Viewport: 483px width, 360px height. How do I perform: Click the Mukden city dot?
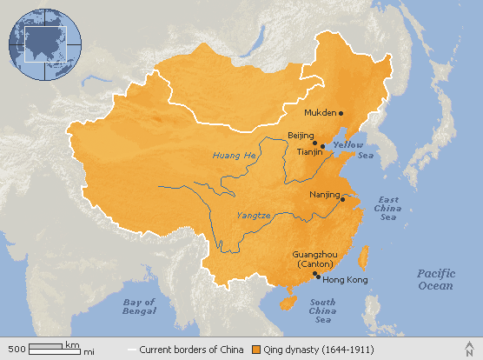[341, 113]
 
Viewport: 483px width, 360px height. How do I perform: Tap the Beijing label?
[300, 137]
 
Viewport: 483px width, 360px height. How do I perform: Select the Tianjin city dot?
[322, 146]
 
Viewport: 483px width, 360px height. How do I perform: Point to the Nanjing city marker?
[342, 200]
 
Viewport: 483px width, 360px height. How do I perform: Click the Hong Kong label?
[346, 280]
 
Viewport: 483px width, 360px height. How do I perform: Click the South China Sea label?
[323, 310]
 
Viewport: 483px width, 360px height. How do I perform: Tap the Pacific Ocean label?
[434, 279]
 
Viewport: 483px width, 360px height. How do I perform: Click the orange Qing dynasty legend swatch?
[256, 350]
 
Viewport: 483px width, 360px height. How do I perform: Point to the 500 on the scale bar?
[16, 349]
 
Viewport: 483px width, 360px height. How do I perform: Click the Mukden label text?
[321, 113]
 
